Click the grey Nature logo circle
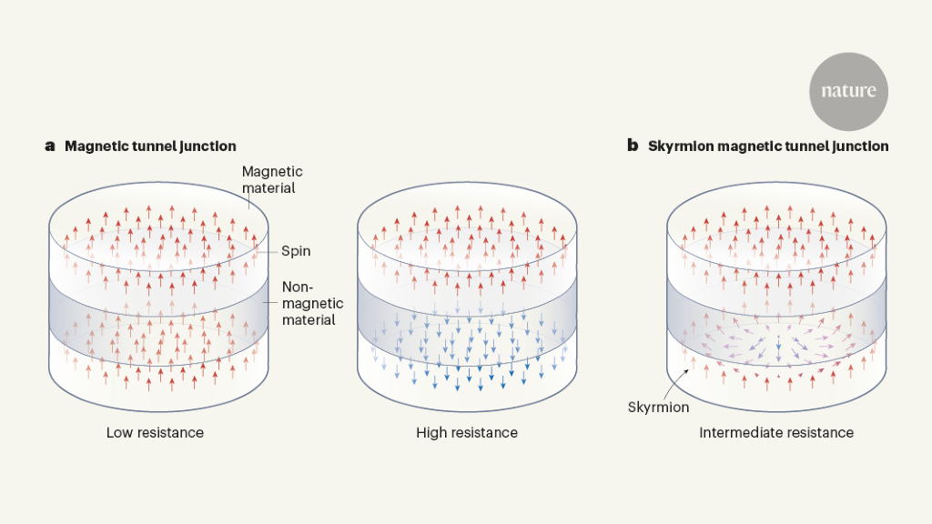tap(848, 91)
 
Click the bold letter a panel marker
tap(50, 146)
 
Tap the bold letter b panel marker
tap(633, 146)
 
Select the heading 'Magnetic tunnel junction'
tap(150, 146)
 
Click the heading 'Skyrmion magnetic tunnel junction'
tap(768, 146)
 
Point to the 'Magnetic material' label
tap(272, 179)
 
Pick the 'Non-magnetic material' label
tap(308, 303)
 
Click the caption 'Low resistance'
tap(155, 432)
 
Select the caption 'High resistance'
tap(467, 432)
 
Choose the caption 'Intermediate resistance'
tap(776, 432)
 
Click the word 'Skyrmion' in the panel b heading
tap(680, 146)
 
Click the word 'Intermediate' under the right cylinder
tap(739, 432)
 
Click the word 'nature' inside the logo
tap(848, 91)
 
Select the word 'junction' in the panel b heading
tap(857, 146)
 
